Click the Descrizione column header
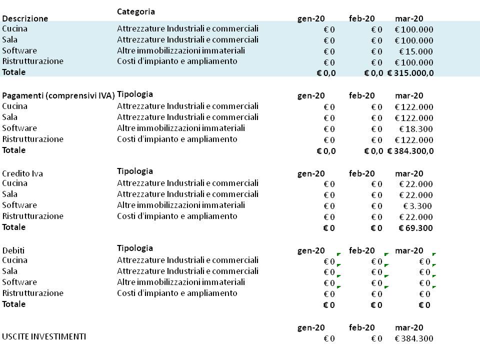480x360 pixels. click(25, 18)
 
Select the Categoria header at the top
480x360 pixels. click(136, 11)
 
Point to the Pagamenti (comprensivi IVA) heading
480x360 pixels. click(58, 95)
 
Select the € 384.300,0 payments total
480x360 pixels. click(410, 151)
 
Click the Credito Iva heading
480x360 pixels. click(22, 173)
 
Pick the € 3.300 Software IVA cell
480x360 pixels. click(417, 206)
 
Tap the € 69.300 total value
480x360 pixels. click(415, 228)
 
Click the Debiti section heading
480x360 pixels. click(13, 250)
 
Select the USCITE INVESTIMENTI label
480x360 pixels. click(44, 336)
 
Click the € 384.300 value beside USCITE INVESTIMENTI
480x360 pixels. click(414, 339)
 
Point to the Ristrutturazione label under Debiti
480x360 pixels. click(33, 293)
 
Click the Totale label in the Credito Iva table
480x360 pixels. click(14, 227)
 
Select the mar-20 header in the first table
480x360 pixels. click(409, 19)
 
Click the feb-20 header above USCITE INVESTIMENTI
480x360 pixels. click(362, 327)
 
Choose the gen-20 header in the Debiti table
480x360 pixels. click(311, 250)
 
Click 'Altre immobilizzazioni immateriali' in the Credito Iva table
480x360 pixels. click(181, 205)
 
